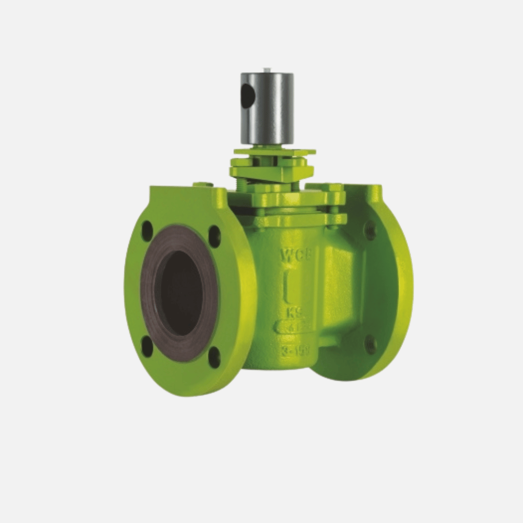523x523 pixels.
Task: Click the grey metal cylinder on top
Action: pos(267,109)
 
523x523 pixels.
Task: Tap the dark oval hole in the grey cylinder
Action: pos(247,96)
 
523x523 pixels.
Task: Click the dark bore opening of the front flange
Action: pos(181,293)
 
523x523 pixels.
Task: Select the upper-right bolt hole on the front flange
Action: pos(215,236)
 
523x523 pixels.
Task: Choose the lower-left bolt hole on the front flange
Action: pos(147,346)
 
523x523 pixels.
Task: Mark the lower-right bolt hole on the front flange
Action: pos(214,357)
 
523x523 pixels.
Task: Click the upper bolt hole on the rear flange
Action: pos(370,230)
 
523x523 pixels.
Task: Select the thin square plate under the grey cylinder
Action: pos(275,152)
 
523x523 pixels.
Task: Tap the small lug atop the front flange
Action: pos(202,184)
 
